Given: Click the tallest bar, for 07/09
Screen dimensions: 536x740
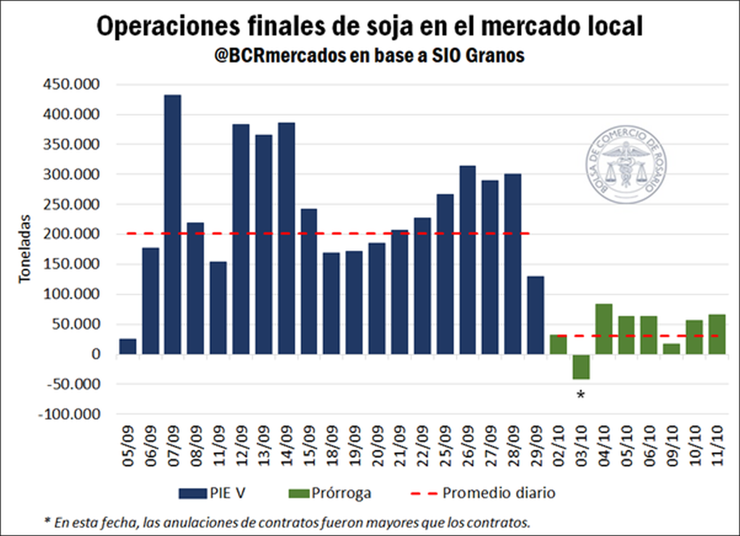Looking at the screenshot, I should [x=173, y=225].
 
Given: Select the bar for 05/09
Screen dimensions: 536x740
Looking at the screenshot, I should [x=128, y=347].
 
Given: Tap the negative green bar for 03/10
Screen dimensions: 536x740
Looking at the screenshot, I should [x=581, y=367].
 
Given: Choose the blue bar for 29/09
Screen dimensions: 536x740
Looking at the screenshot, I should [x=536, y=315].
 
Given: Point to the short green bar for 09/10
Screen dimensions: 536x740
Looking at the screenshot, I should [x=672, y=349].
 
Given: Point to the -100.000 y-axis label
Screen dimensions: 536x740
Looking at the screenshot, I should [x=70, y=414].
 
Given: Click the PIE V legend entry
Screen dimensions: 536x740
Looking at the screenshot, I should [x=215, y=493].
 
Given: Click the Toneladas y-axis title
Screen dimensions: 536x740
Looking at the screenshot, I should [x=25, y=249].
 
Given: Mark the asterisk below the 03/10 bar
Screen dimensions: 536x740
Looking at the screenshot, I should [x=580, y=395].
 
